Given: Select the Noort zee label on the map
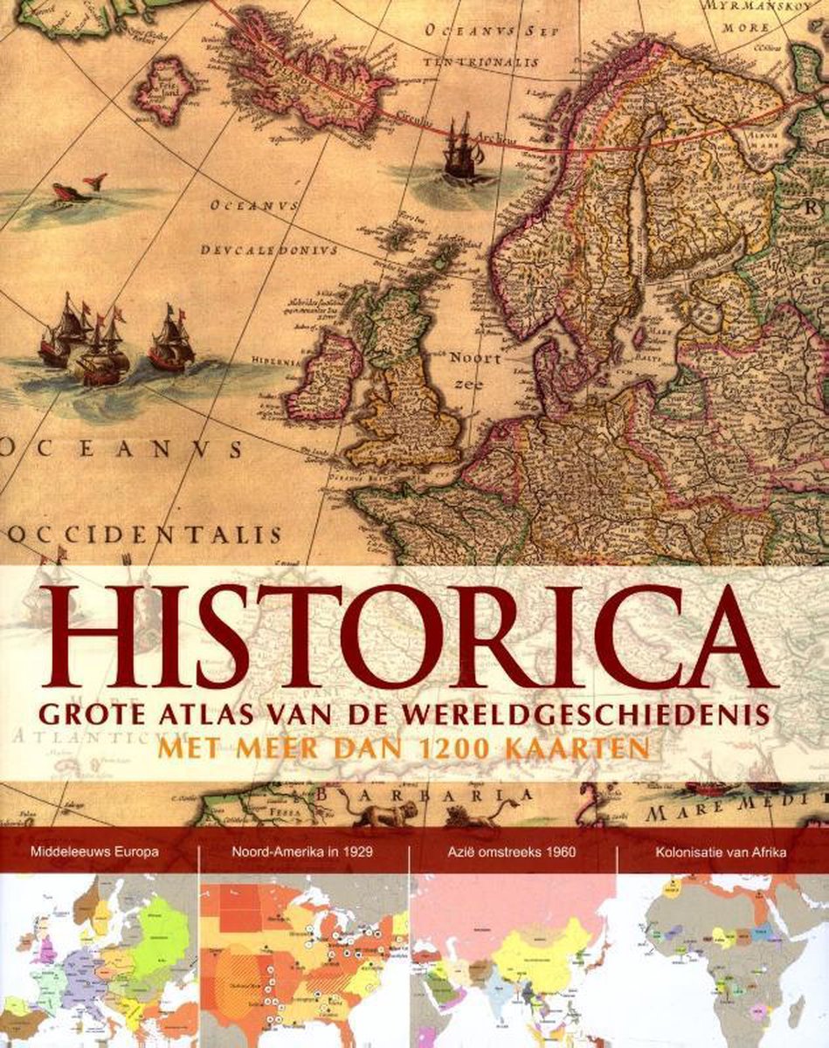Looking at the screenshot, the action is (x=475, y=369).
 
